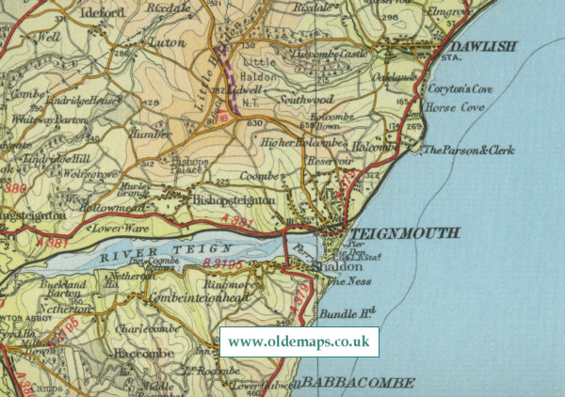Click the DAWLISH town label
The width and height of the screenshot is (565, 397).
coord(484,47)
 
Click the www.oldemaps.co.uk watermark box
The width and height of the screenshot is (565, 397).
coord(298,341)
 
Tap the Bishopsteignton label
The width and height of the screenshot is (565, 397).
coord(234,200)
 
